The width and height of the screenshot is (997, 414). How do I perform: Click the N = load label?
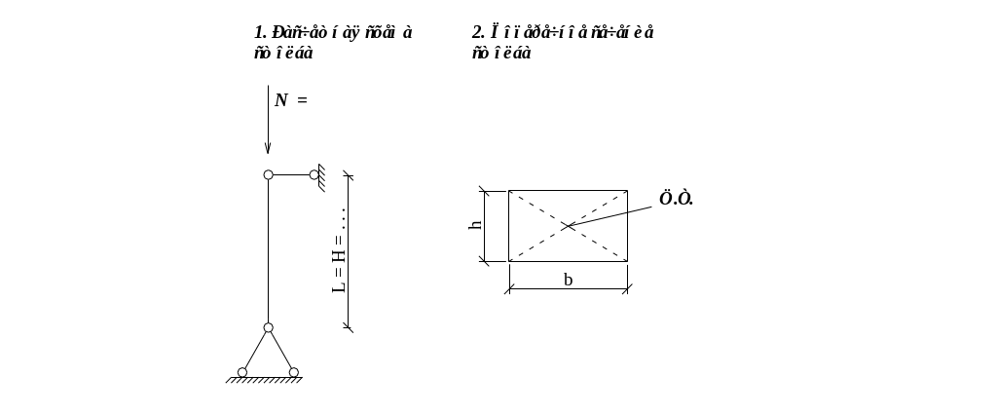[x=290, y=99]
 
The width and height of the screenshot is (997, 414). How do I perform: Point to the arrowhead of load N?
[x=268, y=149]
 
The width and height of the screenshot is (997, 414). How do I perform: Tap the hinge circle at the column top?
[x=268, y=175]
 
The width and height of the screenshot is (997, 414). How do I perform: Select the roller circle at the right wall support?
[x=314, y=175]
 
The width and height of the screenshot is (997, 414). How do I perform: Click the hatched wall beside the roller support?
[x=320, y=175]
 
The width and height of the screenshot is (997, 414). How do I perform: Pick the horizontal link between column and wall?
[x=290, y=175]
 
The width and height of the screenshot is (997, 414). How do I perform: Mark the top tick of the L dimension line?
[x=348, y=176]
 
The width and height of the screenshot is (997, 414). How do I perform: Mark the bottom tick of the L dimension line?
[x=348, y=327]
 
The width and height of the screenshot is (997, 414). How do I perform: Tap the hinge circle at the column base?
[x=268, y=327]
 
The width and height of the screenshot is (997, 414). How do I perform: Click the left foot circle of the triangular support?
[x=242, y=373]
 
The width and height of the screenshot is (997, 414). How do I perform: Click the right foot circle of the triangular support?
[x=293, y=373]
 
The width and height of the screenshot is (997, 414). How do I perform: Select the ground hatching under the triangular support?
[x=268, y=380]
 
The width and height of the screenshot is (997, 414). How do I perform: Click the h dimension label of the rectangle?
[x=475, y=225]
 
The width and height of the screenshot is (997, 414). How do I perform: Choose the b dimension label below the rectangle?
[x=568, y=280]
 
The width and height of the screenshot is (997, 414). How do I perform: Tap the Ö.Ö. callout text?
[x=676, y=199]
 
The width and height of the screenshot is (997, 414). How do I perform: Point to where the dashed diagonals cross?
[x=568, y=226]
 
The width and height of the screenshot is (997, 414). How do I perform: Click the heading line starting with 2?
[x=562, y=32]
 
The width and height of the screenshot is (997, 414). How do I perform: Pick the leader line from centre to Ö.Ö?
[x=613, y=212]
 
